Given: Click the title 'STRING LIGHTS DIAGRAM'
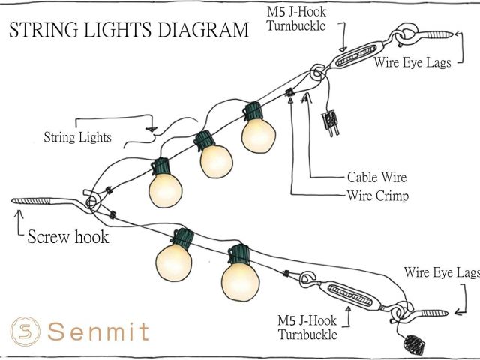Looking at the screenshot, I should [128, 31].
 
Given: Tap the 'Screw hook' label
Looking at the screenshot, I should [68, 237].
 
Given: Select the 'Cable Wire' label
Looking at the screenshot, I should [376, 178].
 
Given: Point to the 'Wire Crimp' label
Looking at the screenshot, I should [377, 196].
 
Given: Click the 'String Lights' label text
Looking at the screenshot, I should [77, 137].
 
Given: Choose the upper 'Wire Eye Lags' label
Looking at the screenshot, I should [412, 63].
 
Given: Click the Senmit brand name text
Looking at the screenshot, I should [98, 331].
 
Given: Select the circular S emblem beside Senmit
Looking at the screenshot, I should [25, 331].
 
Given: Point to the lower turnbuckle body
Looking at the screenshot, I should [352, 293].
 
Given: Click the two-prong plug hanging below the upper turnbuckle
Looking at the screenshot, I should [328, 123].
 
